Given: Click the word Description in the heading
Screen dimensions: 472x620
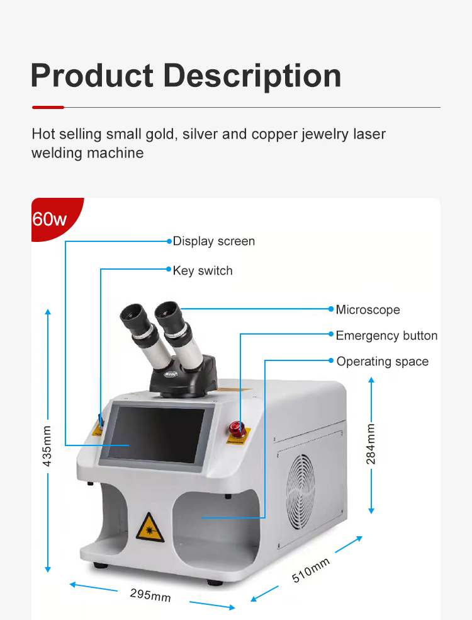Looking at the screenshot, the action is [252, 76].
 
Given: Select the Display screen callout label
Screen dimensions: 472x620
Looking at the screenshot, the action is [214, 241].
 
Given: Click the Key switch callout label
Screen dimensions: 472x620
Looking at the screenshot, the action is [203, 271].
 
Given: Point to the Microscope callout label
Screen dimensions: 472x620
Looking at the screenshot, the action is [368, 309].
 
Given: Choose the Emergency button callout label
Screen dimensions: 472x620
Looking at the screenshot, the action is [386, 336].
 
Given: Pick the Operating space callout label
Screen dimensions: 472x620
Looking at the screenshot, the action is [382, 362].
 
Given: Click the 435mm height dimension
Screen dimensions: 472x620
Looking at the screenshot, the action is [47, 445].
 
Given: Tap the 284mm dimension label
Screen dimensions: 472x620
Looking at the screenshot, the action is [371, 444].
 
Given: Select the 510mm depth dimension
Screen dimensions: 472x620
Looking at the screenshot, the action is [311, 571].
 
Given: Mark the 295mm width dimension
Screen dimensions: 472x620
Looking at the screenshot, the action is [150, 594].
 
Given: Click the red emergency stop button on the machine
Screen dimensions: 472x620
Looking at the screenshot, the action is [238, 427].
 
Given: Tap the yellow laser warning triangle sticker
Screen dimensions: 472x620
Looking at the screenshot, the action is [150, 527].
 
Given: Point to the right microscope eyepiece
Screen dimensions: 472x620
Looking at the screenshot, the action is [169, 310].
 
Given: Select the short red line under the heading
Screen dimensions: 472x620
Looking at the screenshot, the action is [48, 108].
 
